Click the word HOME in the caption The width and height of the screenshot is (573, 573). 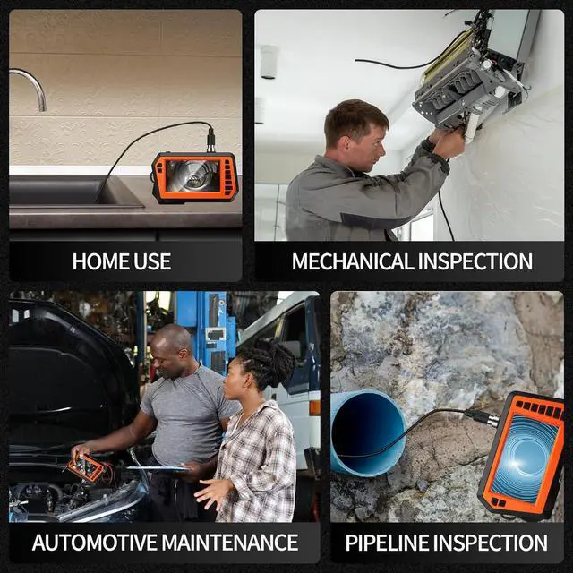click(x=101, y=261)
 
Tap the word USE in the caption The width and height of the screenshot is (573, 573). click(x=151, y=261)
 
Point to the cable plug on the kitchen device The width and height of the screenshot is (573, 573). click(x=211, y=141)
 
